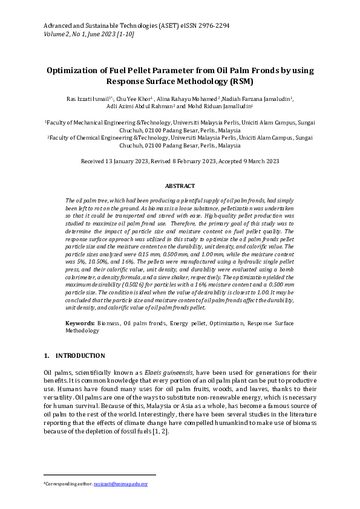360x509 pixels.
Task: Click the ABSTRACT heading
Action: [x=180, y=186]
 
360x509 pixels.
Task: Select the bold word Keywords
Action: [x=79, y=324]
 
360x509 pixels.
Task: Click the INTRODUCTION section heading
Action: [x=80, y=355]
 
